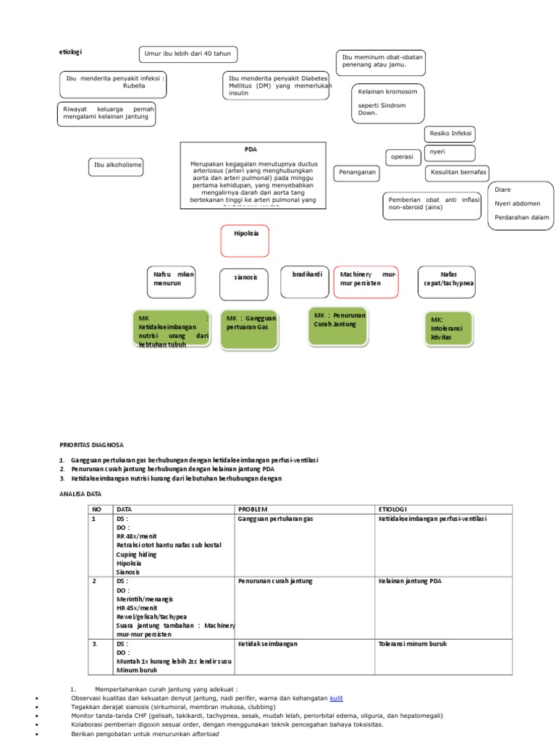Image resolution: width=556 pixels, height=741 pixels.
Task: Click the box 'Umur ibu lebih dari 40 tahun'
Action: tap(188, 55)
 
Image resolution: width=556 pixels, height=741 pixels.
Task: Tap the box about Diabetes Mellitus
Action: tap(276, 87)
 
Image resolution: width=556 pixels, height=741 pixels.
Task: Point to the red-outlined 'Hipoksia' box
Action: tap(245, 240)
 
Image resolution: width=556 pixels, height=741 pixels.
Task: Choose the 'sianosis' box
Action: tap(245, 284)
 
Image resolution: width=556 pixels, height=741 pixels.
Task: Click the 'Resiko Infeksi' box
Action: tap(451, 134)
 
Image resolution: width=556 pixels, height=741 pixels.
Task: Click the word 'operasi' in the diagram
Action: tap(402, 157)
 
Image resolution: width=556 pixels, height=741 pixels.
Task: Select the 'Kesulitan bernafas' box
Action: tap(457, 173)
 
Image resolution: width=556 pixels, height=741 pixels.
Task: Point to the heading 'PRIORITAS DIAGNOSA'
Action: tap(90, 445)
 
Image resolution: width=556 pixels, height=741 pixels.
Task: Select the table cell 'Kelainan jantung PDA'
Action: tap(409, 581)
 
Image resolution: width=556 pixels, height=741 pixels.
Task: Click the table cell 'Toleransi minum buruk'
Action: tap(412, 643)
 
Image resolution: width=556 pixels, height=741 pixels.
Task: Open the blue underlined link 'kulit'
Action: tap(337, 698)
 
